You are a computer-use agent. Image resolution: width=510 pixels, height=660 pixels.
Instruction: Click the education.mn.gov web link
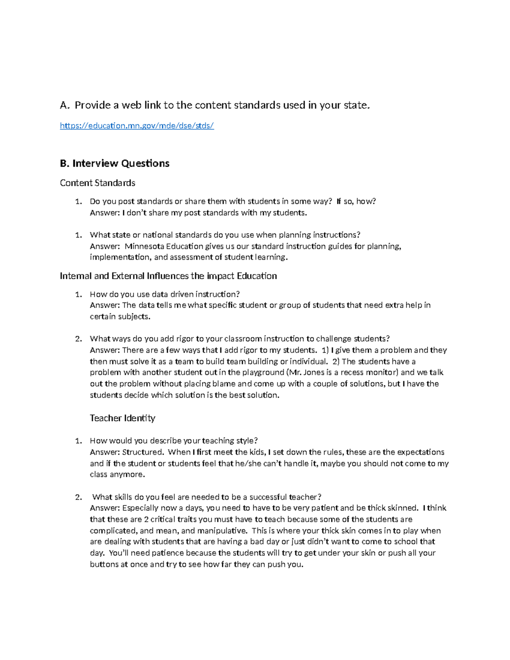point(137,125)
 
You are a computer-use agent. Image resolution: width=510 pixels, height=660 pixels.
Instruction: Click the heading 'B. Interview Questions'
point(115,163)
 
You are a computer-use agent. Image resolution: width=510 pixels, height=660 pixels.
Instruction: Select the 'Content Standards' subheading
point(97,183)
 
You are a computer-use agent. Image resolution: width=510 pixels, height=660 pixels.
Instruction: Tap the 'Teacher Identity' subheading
point(122,418)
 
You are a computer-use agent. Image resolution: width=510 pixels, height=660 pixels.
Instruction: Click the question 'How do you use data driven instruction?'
point(165,294)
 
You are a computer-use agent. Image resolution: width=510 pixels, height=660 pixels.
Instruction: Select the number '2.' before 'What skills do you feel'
point(78,497)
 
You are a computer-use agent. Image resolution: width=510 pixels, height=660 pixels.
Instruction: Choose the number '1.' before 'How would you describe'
point(78,441)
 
